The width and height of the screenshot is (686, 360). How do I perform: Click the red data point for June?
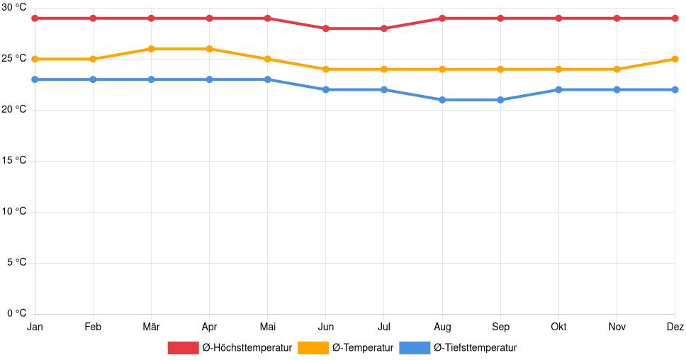[325, 28]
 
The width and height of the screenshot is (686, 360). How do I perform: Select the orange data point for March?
[151, 49]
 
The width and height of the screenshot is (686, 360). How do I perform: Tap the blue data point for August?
[442, 100]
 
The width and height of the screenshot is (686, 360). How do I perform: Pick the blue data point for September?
[500, 100]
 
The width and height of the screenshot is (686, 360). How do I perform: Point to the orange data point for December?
[675, 59]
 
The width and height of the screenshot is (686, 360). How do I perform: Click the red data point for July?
[383, 28]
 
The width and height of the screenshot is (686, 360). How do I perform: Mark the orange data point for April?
[209, 49]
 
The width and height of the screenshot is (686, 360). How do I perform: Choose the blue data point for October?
[558, 89]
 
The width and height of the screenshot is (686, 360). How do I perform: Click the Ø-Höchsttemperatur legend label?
[247, 348]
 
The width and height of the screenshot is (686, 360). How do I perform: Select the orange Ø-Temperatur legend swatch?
[313, 348]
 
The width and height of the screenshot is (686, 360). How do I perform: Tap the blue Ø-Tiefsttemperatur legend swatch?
[415, 348]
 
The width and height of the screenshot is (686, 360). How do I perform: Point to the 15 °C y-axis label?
[14, 161]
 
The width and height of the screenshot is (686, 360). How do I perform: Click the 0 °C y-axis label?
[16, 313]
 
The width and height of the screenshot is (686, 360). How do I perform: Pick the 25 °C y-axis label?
[14, 59]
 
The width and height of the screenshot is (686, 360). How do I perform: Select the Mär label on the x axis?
[151, 327]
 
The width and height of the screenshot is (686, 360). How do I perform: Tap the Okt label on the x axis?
[558, 327]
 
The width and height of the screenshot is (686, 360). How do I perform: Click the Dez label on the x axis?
[675, 327]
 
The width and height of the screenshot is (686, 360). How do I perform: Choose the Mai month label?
[267, 327]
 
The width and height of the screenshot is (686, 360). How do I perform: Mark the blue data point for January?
[35, 79]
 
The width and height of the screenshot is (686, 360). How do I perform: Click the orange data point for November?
[617, 69]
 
